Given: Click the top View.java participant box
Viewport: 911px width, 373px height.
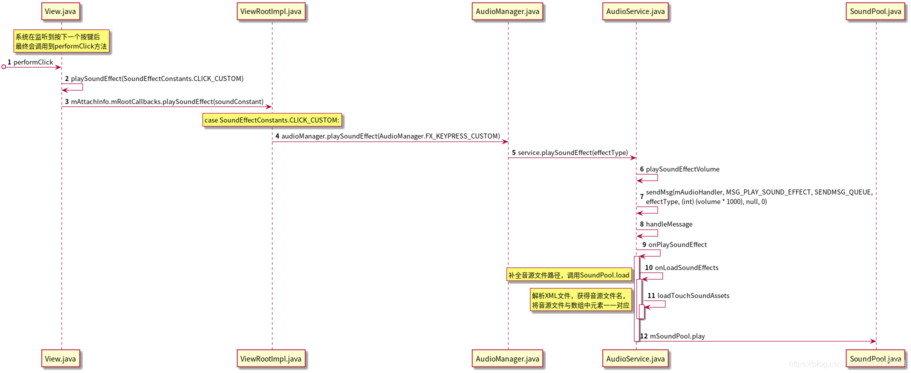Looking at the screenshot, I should (60, 11).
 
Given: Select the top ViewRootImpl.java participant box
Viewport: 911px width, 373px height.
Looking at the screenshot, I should (270, 11).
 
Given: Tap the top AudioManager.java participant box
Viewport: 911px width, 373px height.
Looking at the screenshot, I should (507, 11).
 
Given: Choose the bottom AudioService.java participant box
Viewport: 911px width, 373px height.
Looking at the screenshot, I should (635, 358).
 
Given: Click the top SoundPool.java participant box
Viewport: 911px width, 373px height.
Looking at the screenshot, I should (875, 11).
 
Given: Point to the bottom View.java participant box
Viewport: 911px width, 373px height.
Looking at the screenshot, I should (60, 358).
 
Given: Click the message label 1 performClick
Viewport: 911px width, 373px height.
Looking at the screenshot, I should (30, 62).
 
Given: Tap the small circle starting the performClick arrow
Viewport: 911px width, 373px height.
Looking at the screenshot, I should (3, 66).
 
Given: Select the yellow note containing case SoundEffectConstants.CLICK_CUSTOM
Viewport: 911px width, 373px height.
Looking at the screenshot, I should (272, 120).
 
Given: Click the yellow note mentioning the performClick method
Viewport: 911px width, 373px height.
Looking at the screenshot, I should (61, 41).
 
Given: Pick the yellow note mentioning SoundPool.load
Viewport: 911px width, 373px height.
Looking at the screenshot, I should (569, 275).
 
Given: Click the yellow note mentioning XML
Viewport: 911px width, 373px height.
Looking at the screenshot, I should (580, 300).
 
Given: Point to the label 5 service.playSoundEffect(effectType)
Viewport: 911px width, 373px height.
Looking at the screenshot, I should (569, 152).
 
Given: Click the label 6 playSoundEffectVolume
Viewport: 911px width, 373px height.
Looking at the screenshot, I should (679, 169).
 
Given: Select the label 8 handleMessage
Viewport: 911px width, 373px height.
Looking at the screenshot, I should (666, 224).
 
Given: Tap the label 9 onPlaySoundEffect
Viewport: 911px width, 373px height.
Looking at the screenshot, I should (674, 244).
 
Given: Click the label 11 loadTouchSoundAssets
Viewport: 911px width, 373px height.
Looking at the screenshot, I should (688, 295).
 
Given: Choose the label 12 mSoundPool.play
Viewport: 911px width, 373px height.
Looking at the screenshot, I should (672, 336).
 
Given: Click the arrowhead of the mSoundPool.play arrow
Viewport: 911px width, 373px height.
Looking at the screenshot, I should (873, 341).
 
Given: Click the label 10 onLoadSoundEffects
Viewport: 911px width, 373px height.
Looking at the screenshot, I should (681, 267).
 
